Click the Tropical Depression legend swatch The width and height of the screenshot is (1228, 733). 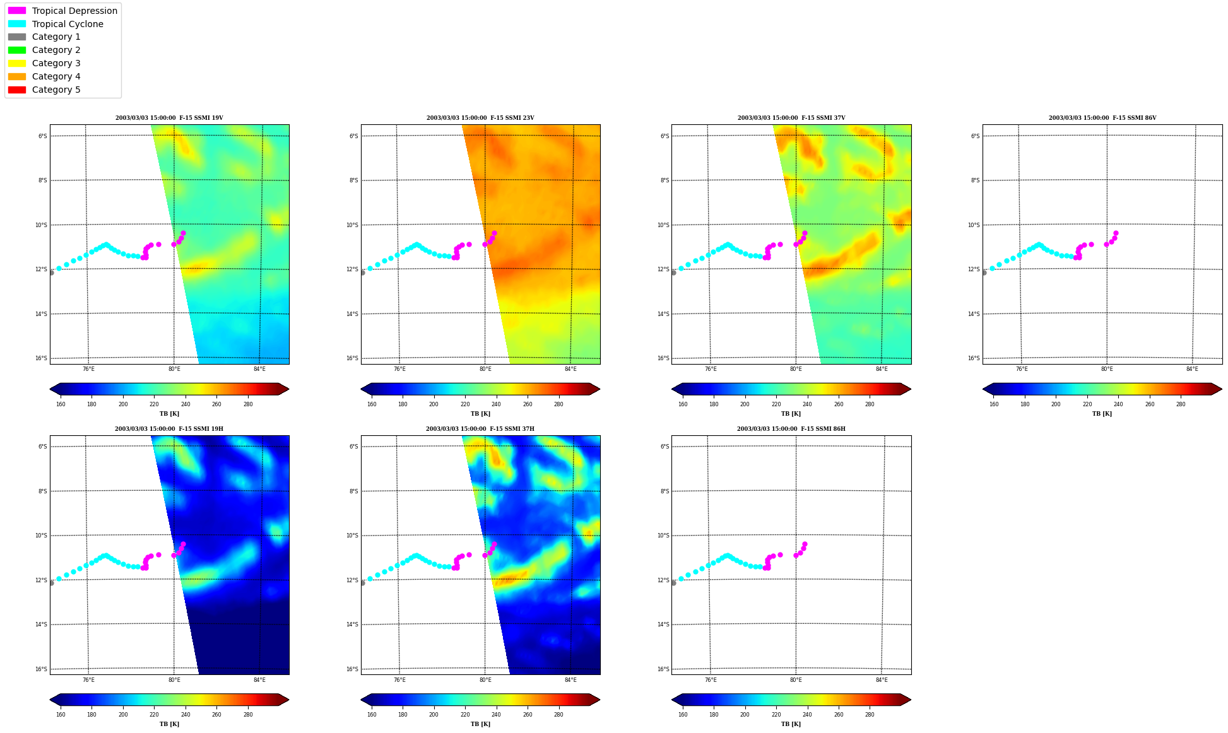(17, 11)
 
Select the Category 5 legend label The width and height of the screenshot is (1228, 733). (56, 90)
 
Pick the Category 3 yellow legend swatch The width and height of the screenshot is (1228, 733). (17, 63)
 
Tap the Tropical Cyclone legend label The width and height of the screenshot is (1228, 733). (68, 24)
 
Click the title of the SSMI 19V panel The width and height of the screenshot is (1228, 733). (169, 118)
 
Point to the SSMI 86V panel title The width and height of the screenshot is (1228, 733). (1102, 118)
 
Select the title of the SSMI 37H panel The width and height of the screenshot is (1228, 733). (480, 429)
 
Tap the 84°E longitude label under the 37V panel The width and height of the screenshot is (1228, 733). (882, 369)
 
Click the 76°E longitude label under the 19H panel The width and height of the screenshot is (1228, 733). (88, 680)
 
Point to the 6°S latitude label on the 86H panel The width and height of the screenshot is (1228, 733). (665, 447)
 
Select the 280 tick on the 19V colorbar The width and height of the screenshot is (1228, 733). (248, 404)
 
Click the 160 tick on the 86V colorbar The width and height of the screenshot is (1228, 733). (994, 404)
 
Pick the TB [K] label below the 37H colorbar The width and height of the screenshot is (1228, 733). (480, 724)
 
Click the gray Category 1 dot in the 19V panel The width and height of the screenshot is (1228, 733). (51, 273)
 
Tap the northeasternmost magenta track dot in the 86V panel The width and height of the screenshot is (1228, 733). (1116, 233)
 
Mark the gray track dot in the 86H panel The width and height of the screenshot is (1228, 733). (673, 583)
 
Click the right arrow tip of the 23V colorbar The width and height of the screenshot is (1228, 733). (600, 389)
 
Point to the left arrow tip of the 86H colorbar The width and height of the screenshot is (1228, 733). (672, 700)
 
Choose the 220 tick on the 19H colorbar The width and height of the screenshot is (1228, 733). (154, 715)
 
